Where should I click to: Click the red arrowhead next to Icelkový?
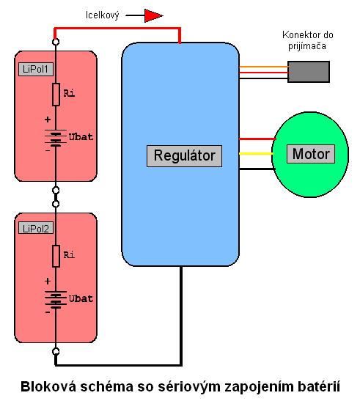[153, 15]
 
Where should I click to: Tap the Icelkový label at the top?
[103, 15]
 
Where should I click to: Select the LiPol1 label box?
[36, 70]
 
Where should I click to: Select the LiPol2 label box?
[36, 228]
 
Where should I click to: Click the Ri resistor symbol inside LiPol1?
[56, 95]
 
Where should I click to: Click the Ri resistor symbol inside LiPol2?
[56, 256]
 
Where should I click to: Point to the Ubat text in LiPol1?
[81, 137]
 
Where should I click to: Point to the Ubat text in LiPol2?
[81, 298]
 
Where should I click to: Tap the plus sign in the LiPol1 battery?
[48, 119]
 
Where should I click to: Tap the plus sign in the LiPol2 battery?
[48, 282]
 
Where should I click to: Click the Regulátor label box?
[184, 156]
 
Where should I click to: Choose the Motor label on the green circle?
[311, 154]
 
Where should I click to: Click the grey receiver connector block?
[309, 72]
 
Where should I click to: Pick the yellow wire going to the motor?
[256, 153]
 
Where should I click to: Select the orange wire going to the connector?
[263, 67]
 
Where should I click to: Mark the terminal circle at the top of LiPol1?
[56, 42]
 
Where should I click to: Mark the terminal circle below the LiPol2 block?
[56, 351]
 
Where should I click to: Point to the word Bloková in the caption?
[48, 386]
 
